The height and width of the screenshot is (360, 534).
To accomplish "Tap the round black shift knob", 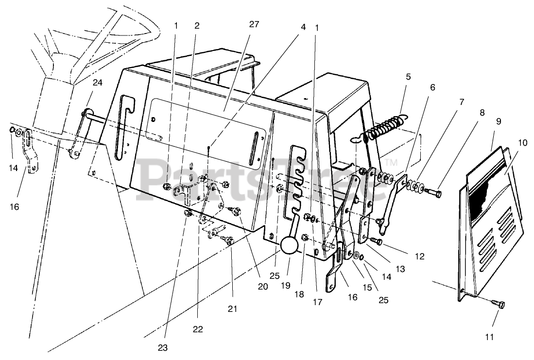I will click(x=289, y=245).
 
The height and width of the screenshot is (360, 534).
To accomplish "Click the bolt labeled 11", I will click(x=499, y=305).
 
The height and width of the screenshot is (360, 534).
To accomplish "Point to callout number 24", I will click(x=98, y=83).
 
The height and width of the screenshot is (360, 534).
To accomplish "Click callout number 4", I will click(x=303, y=27).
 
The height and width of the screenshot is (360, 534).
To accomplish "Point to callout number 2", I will click(x=197, y=26).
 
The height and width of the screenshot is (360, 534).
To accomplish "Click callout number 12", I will click(x=419, y=256).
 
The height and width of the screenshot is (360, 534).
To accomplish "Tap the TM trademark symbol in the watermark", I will click(x=392, y=162).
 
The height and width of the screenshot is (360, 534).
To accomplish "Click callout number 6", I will click(x=432, y=87).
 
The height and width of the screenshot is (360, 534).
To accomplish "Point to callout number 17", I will click(x=317, y=302).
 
